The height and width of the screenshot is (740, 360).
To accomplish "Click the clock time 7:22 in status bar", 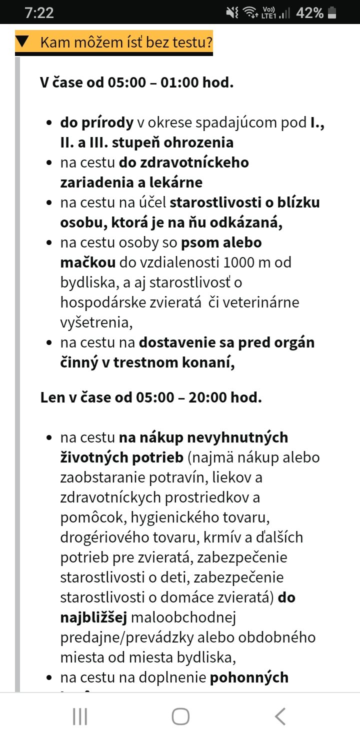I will coord(39,13).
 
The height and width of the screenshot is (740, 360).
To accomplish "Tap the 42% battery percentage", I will coord(309,13).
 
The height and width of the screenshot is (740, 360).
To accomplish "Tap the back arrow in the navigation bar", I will coord(280,716).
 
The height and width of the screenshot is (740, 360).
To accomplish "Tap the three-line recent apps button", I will coord(80,716).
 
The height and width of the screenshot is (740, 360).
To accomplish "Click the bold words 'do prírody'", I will coord(97,122).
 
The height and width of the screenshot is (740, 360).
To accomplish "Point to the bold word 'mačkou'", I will coord(88,262).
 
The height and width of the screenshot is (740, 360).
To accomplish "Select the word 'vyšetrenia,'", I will coord(96,322).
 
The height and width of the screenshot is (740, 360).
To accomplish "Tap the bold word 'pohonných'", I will coord(249,677).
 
